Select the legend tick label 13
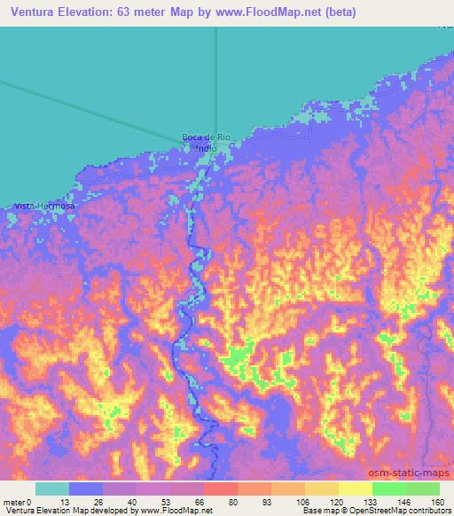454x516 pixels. (x=69, y=502)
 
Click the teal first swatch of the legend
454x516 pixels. (x=52, y=489)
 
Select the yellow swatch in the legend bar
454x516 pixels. (x=355, y=489)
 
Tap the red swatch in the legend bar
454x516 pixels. (x=221, y=489)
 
